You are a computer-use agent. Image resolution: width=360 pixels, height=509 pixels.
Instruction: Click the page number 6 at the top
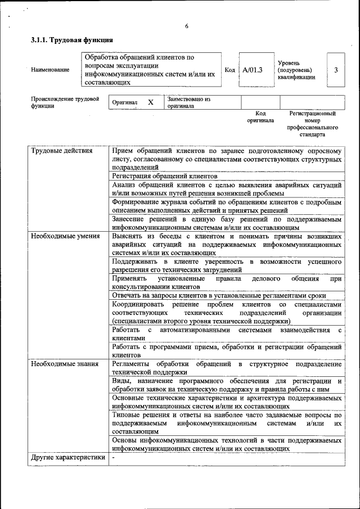click(187, 26)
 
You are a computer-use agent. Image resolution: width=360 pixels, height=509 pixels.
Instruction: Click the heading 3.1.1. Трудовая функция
click(72, 40)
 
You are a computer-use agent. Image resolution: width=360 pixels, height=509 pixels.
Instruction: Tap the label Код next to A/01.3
click(229, 70)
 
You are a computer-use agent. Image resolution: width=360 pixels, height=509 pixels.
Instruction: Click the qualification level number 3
click(335, 70)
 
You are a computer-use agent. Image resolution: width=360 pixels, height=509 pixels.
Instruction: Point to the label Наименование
click(51, 70)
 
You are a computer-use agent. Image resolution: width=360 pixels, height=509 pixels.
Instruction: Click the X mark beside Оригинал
click(150, 102)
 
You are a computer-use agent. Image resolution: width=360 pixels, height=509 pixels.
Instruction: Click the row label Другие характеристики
click(68, 458)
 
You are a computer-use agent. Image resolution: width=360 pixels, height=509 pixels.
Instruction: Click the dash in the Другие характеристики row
click(114, 458)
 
